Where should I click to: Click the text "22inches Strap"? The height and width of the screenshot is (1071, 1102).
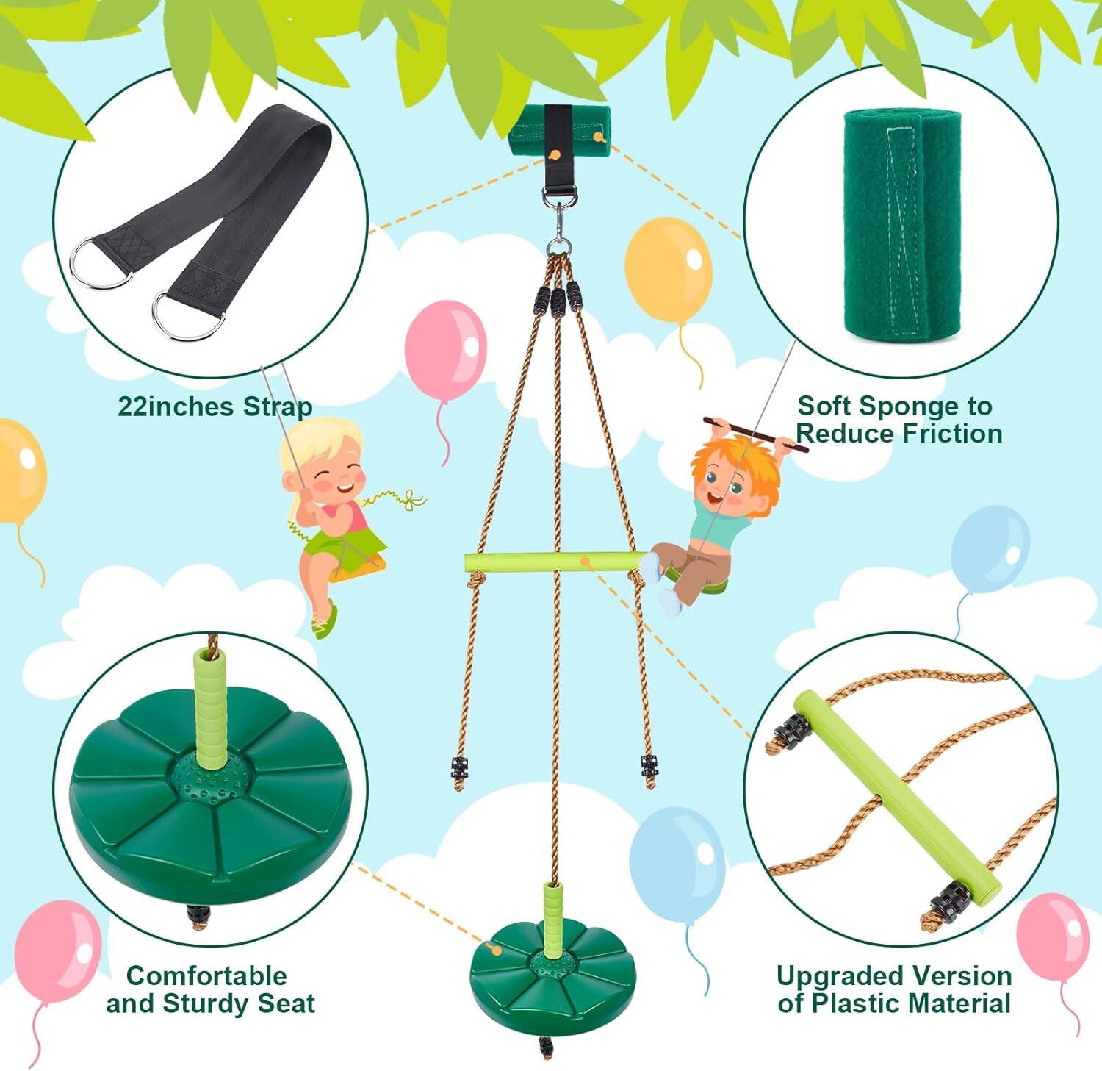pyautogui.click(x=215, y=406)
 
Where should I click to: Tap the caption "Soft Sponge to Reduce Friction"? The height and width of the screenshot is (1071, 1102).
pyautogui.click(x=898, y=420)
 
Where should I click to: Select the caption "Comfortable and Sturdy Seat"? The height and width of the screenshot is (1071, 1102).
pyautogui.click(x=210, y=989)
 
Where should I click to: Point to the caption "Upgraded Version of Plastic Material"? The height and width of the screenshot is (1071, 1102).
pyautogui.click(x=894, y=989)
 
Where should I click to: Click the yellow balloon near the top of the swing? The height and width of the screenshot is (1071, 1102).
pyautogui.click(x=669, y=269)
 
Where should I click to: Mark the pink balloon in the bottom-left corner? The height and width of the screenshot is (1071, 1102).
pyautogui.click(x=57, y=948)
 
